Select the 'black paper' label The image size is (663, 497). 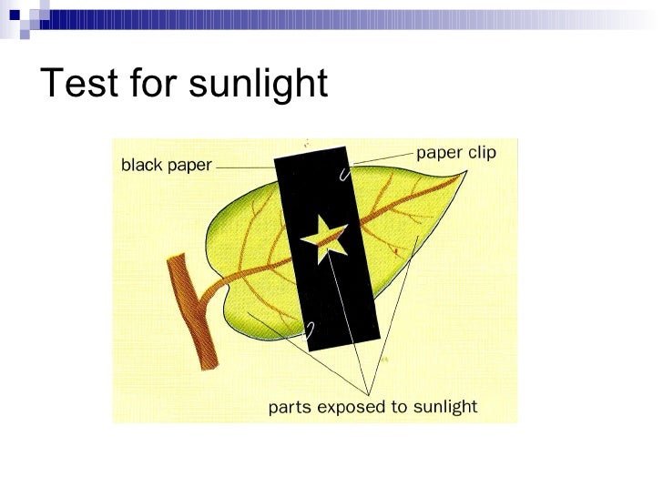[167, 166]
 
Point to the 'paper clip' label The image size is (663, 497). [455, 153]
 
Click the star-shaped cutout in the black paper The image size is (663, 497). [325, 238]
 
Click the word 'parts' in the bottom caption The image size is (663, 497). [289, 407]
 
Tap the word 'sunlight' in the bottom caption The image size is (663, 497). [444, 406]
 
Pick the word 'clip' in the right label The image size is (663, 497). [480, 153]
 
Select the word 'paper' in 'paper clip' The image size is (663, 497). [437, 154]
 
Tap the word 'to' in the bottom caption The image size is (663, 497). [398, 407]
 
